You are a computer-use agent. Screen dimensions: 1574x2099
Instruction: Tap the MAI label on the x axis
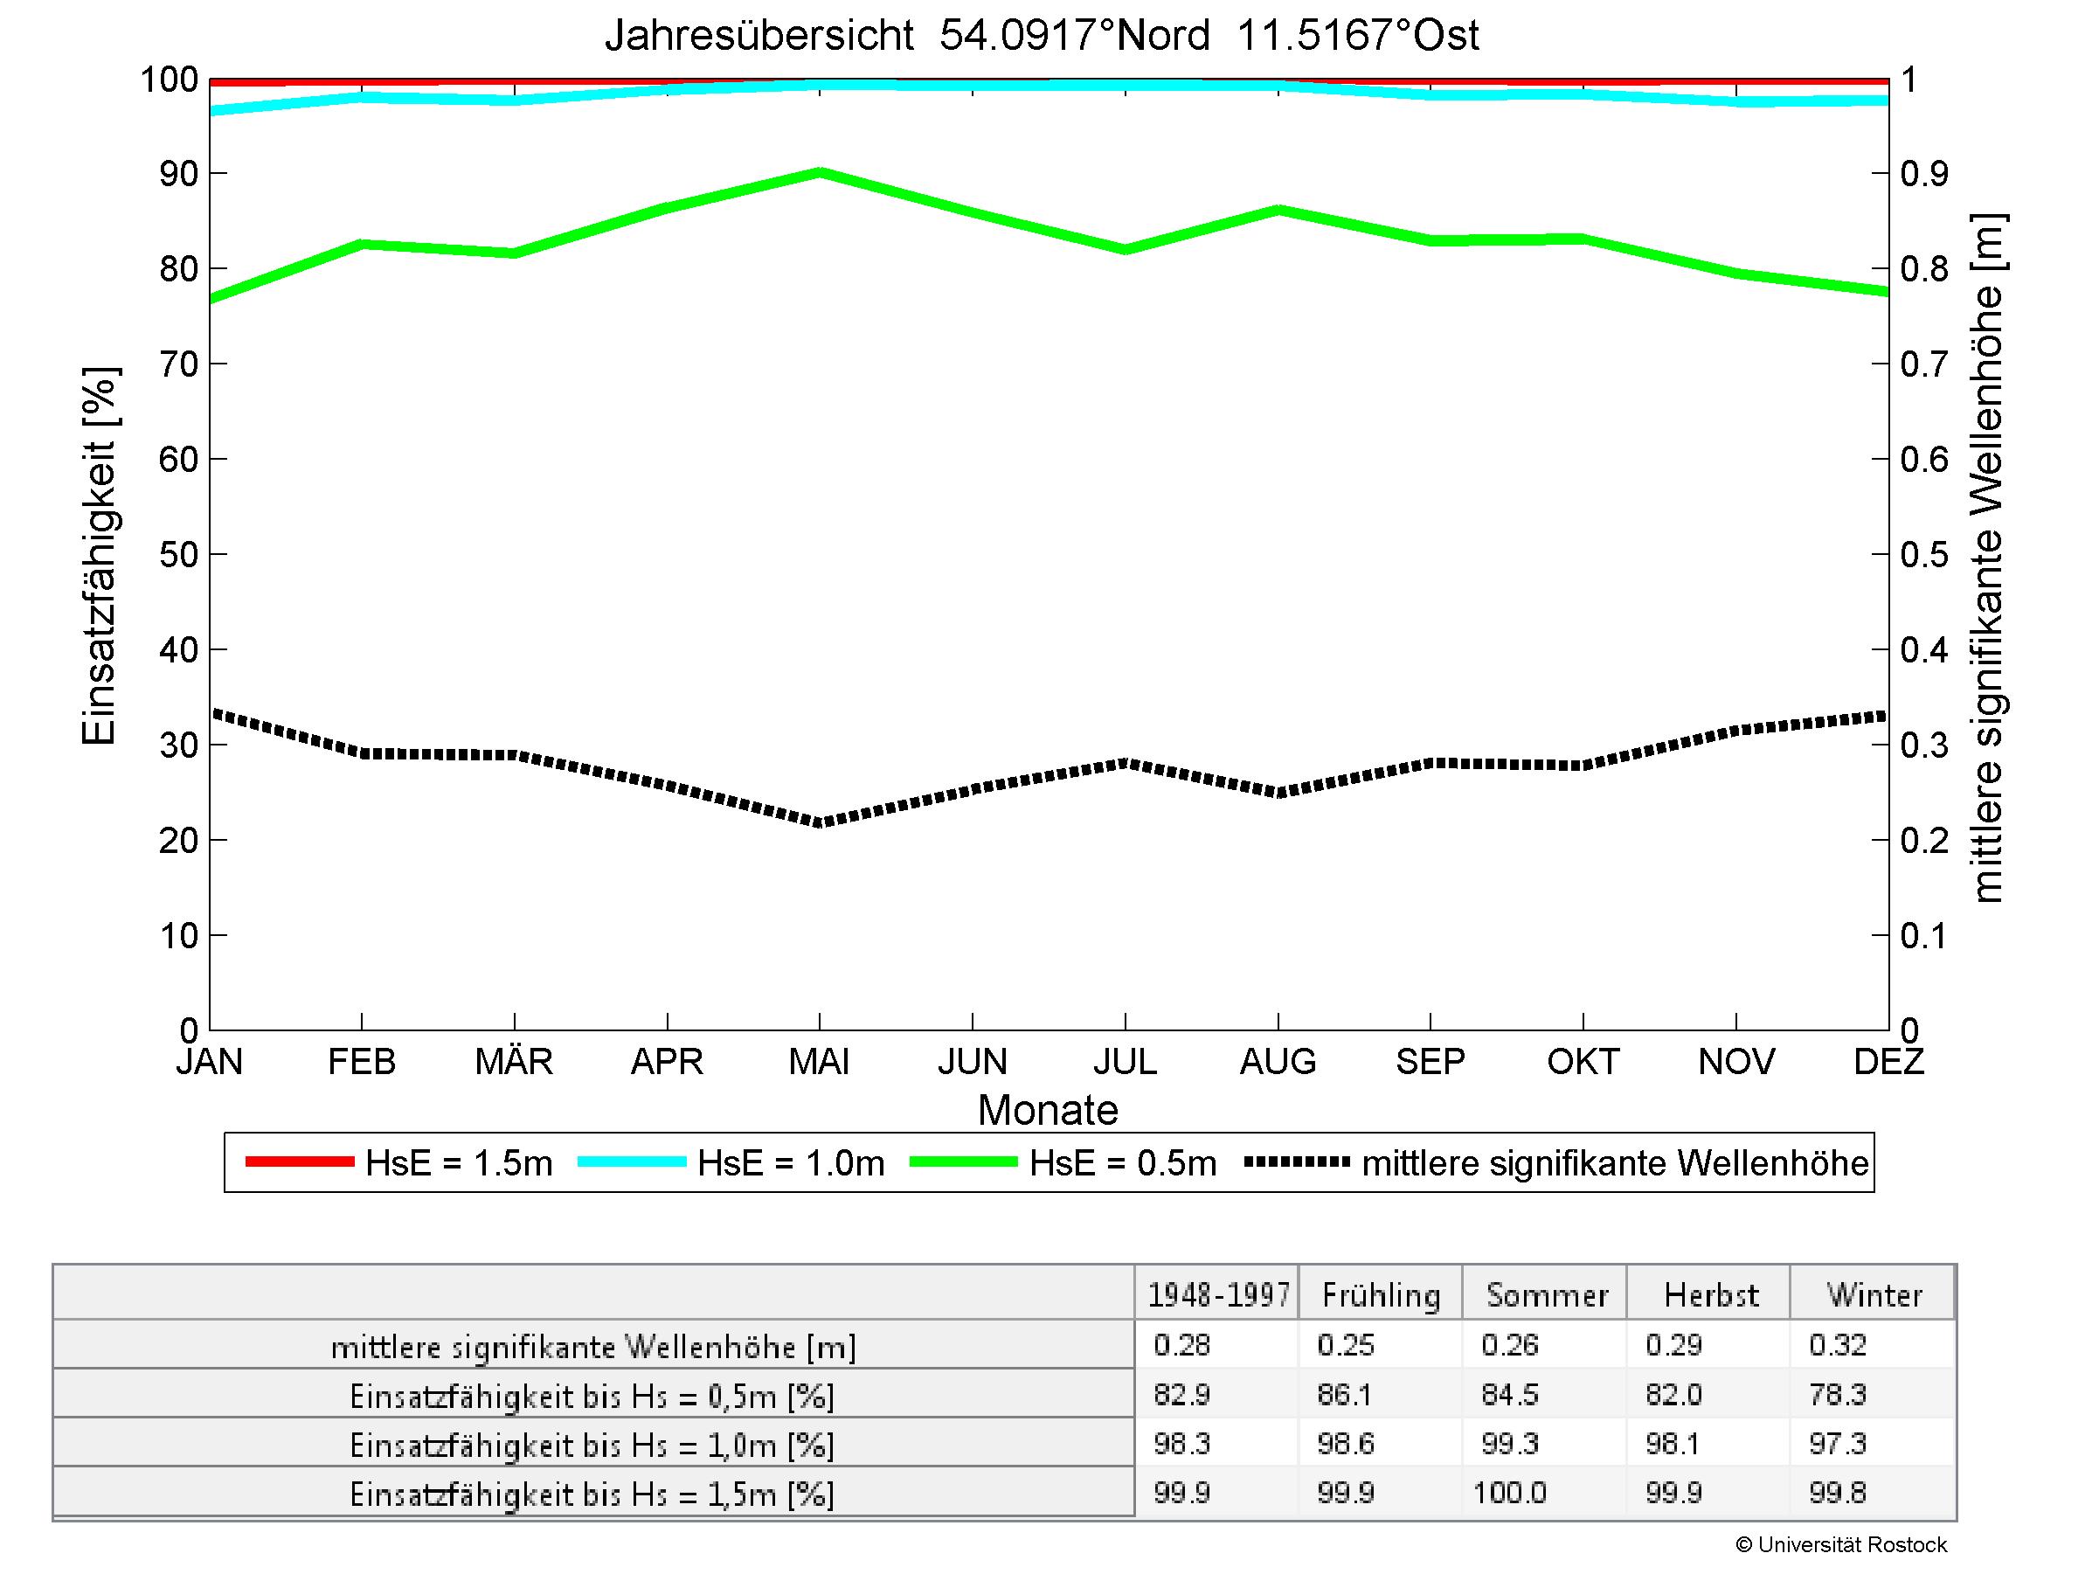tap(819, 1061)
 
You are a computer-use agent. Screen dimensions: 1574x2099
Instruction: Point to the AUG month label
tap(1278, 1061)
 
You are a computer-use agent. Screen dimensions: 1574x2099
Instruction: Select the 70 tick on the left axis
tap(178, 364)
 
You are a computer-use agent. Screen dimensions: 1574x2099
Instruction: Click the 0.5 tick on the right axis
tap(1923, 554)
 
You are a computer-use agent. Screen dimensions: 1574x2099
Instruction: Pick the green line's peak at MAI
tap(820, 173)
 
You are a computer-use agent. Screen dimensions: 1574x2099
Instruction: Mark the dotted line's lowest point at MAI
tap(820, 822)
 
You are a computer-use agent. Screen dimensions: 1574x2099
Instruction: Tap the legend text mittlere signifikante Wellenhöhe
tap(1614, 1163)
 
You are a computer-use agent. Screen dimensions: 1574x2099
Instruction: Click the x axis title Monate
tap(1048, 1110)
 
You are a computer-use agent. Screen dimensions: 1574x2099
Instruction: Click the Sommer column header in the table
tap(1546, 1295)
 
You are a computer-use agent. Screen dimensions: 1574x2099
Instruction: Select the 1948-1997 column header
tap(1218, 1295)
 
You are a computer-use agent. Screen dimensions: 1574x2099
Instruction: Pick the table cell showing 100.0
tap(1509, 1493)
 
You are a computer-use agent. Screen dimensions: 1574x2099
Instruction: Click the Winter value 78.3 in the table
tap(1837, 1394)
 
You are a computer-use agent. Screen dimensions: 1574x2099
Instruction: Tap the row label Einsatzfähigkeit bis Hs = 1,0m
tap(592, 1445)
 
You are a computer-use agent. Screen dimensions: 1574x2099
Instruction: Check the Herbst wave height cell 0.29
tap(1674, 1344)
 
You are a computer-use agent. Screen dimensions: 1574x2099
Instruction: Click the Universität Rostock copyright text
tap(1841, 1544)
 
